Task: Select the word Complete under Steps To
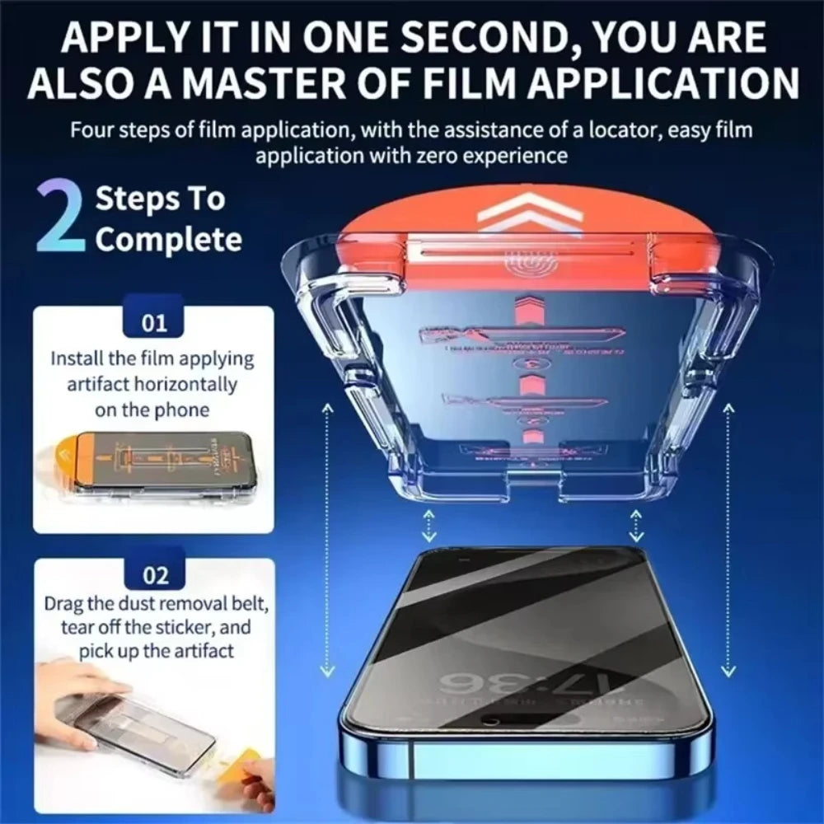(x=168, y=240)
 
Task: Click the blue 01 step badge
(x=154, y=322)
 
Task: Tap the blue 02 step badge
(x=154, y=575)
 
